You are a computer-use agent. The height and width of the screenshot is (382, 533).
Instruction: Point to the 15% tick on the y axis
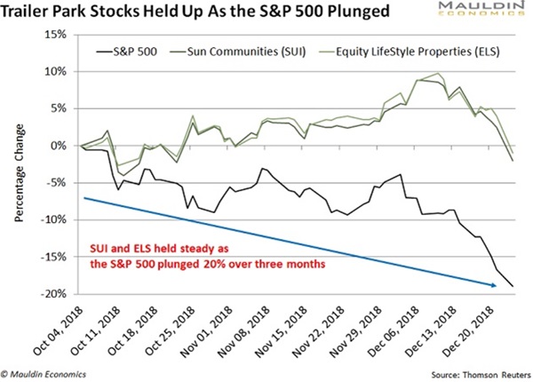click(55, 35)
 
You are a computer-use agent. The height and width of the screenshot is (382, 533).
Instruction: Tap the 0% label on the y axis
click(58, 146)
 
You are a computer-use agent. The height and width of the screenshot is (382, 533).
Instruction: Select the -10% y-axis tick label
click(52, 219)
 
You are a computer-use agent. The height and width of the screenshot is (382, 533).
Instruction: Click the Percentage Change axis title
click(19, 164)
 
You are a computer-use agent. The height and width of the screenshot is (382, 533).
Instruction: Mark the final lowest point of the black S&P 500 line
click(513, 286)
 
